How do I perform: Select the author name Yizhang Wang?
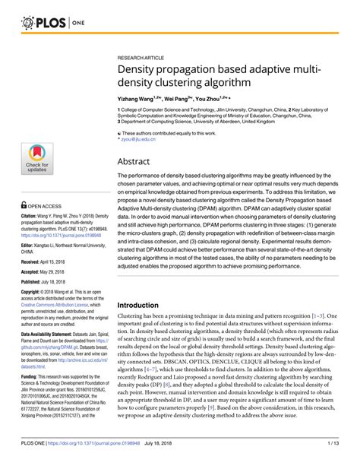click(137, 99)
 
